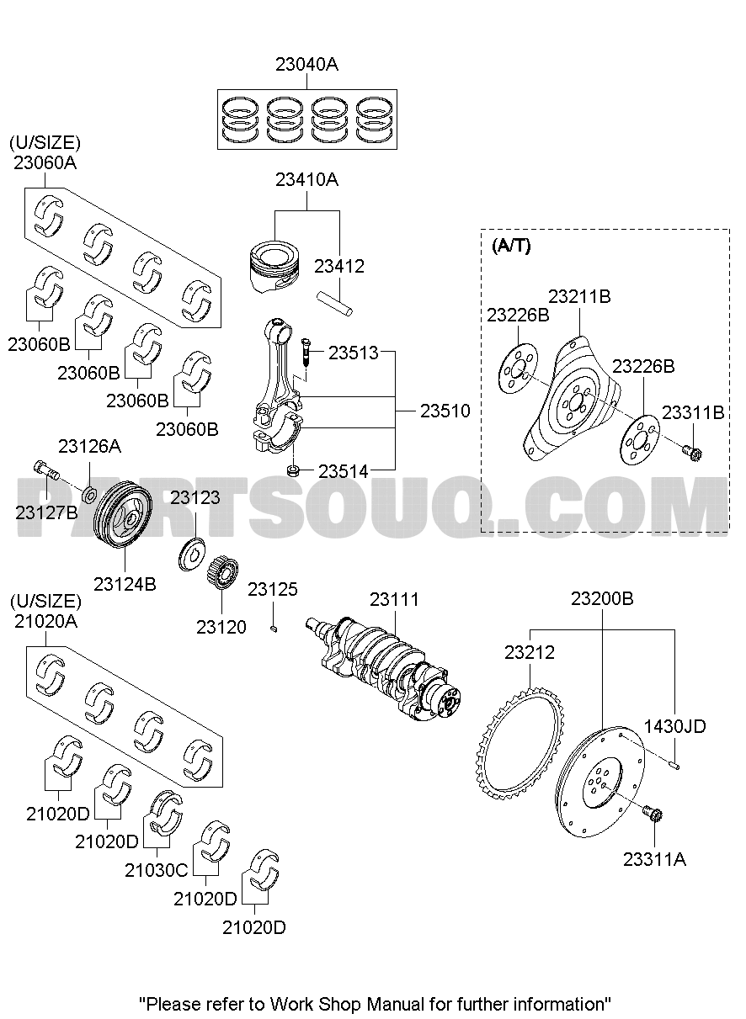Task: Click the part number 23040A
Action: [306, 65]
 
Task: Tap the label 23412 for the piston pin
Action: [339, 267]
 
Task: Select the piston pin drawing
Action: [334, 304]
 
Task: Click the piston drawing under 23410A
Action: [275, 266]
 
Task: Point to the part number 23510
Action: [445, 411]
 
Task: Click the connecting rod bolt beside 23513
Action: [305, 353]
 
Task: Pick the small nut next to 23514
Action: [294, 470]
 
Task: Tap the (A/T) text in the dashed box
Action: [511, 246]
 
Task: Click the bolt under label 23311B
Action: [692, 452]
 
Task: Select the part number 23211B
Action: [579, 296]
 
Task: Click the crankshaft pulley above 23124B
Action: [123, 509]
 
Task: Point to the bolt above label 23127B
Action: [46, 470]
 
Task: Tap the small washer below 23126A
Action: [89, 494]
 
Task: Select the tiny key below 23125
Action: [274, 629]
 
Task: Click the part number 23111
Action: [394, 600]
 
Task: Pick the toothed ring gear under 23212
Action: [519, 745]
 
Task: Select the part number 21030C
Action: [156, 870]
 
